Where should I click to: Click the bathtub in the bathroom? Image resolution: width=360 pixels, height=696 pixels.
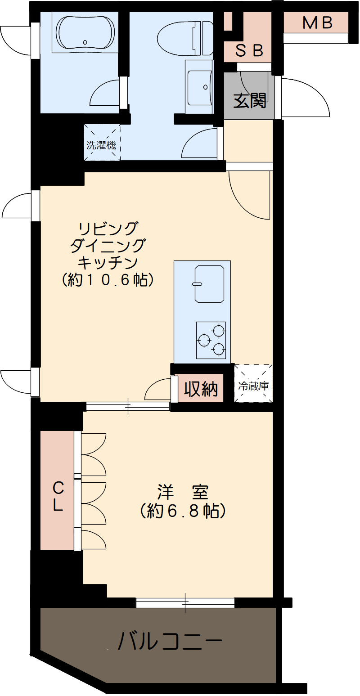[85, 32]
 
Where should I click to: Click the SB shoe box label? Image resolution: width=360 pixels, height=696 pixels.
[249, 51]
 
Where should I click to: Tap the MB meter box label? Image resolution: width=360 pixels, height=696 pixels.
[317, 22]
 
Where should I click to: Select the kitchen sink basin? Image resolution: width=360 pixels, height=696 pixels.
[209, 283]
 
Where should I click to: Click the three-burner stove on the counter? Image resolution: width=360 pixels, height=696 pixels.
[211, 340]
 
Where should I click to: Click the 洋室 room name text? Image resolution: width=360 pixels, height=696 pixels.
[183, 491]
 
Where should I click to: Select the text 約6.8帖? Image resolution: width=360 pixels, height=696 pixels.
[183, 511]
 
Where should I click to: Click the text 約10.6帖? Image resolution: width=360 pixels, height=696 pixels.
[108, 280]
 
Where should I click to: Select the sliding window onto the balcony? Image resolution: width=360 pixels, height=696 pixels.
[185, 602]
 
